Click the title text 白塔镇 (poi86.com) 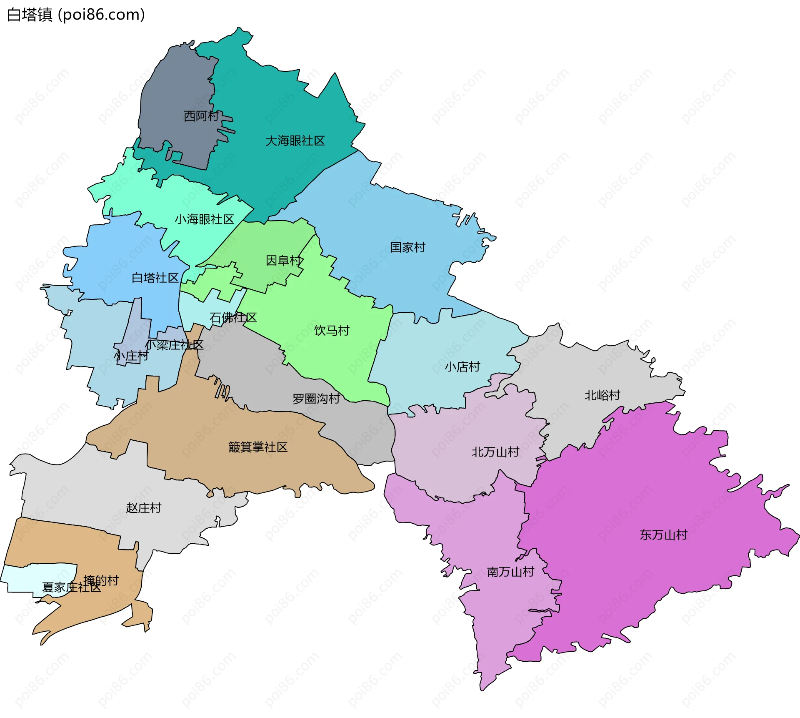tap(76, 15)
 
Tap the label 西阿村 tap(201, 116)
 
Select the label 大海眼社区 tap(295, 141)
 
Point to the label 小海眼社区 tap(204, 219)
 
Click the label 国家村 tap(407, 247)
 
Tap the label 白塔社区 tap(155, 278)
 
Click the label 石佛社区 tap(233, 318)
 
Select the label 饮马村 tap(332, 331)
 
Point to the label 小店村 tap(462, 367)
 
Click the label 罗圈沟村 tap(316, 399)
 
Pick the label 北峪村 tap(602, 395)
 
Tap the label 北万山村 tap(495, 452)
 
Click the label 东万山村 tap(663, 535)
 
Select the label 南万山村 tap(510, 572)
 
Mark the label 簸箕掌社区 tap(258, 447)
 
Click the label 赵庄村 tap(143, 508)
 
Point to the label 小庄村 tap(131, 356)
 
